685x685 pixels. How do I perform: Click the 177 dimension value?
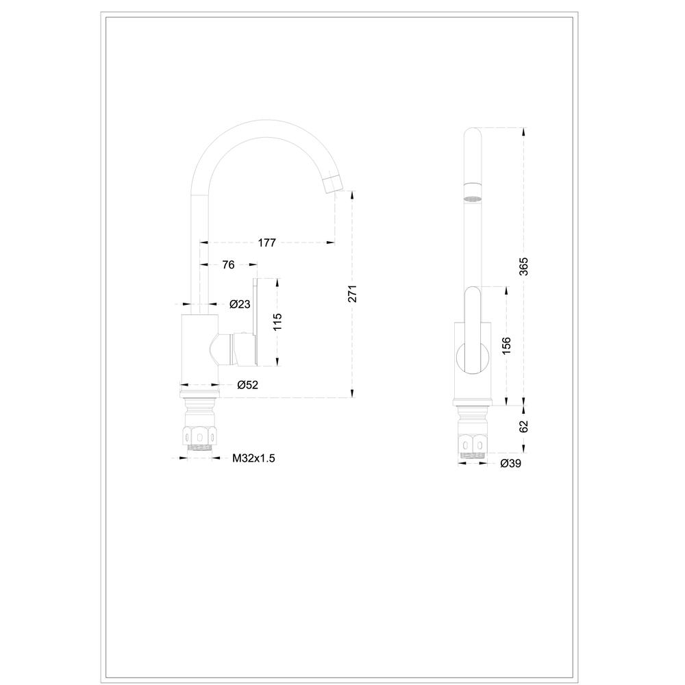267,242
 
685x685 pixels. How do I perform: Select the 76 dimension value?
229,264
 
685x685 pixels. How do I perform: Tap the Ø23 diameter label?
240,304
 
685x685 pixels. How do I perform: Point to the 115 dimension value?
277,322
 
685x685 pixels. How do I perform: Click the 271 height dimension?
353,293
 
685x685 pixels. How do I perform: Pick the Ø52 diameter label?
248,385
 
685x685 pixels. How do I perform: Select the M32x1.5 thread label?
253,458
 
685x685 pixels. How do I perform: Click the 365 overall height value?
524,266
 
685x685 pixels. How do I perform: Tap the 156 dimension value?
506,346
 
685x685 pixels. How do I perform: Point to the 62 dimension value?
524,426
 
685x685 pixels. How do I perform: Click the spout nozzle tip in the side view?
334,183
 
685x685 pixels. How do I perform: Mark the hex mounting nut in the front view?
472,444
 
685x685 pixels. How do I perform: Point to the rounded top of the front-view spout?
472,132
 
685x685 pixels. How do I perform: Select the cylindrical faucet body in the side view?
199,349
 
